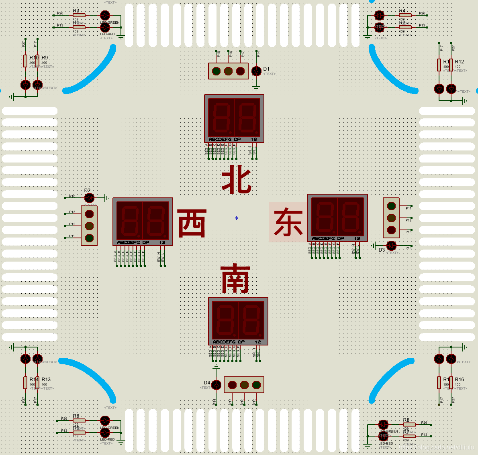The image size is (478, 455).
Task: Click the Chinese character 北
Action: [237, 181]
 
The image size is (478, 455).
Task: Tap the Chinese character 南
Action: [235, 279]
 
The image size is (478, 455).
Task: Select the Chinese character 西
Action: [192, 223]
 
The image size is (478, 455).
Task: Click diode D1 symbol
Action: [256, 71]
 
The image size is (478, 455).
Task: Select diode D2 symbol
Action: [89, 198]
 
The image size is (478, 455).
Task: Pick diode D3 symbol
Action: [391, 246]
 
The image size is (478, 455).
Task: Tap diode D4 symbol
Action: [216, 385]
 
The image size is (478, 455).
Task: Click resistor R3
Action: [79, 15]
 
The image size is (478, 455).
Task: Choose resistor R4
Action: [405, 15]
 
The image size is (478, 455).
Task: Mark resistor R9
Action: [37, 61]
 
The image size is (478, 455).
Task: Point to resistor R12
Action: [451, 65]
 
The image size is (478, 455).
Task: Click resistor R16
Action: [451, 383]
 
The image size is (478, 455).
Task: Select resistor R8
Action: [409, 425]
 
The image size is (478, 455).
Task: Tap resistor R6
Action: [79, 420]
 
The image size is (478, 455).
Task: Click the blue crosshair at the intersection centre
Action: [236, 218]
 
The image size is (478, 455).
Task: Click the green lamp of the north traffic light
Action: [216, 71]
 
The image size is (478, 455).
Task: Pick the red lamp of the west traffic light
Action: [89, 214]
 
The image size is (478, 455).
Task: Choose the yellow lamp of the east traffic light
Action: [391, 218]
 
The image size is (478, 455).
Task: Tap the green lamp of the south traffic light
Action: [256, 385]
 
